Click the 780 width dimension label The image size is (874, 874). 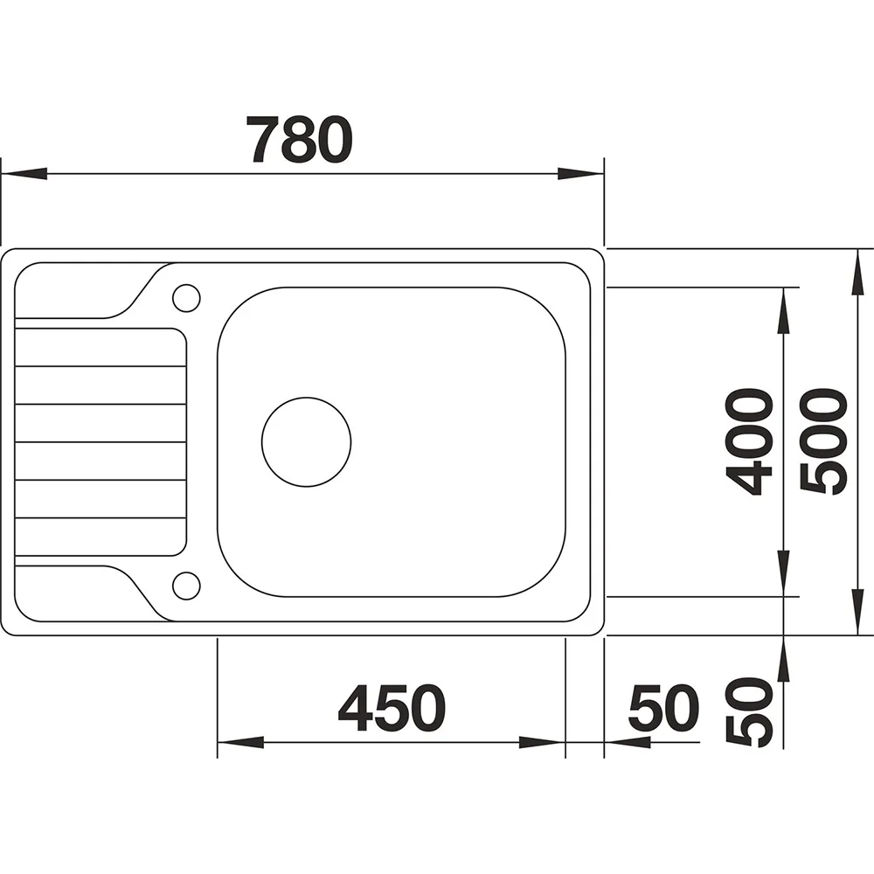(x=300, y=139)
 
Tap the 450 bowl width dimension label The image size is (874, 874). (x=392, y=708)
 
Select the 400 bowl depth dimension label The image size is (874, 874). (x=749, y=441)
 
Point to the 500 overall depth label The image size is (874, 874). (x=823, y=441)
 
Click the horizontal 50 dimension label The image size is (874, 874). (x=663, y=708)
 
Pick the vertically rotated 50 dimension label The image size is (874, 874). (x=750, y=711)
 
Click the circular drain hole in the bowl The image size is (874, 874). (x=307, y=442)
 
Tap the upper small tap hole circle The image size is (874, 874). (x=186, y=298)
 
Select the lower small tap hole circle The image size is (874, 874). (x=186, y=586)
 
